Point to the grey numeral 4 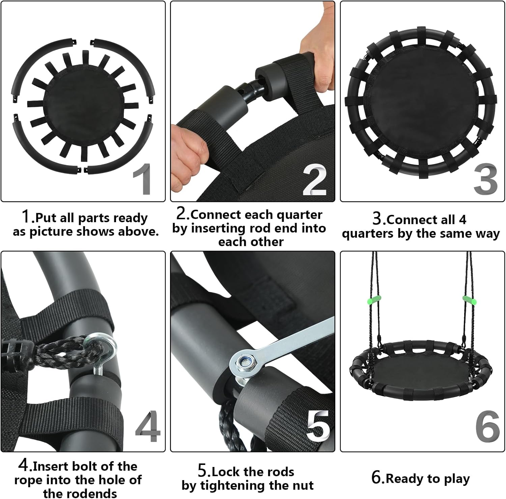point(148,426)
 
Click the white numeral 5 point(318,427)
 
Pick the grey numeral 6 point(487,427)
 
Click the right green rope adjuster point(469,299)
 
